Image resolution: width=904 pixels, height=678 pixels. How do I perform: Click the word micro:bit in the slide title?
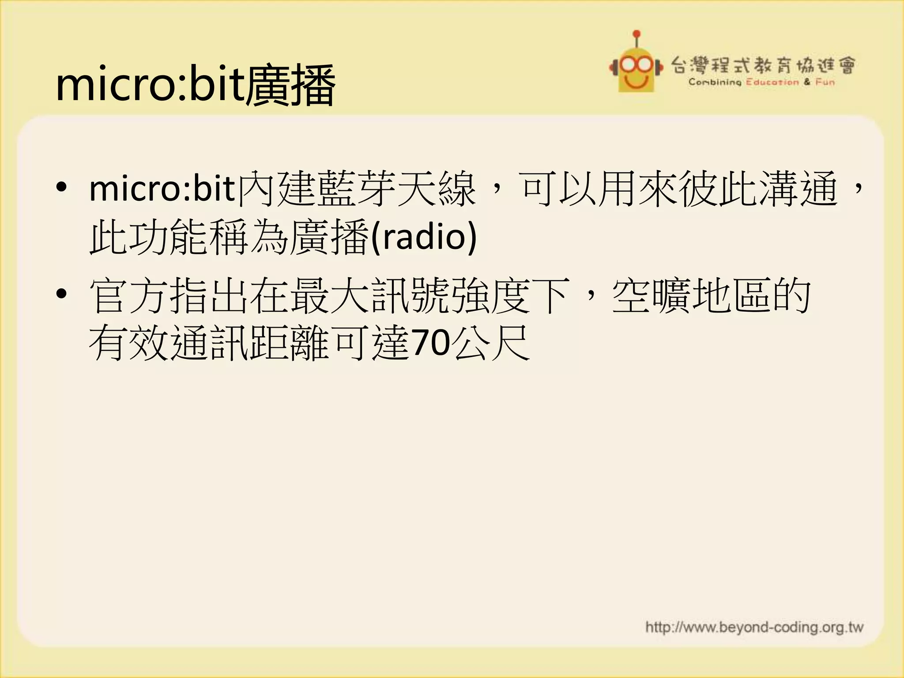tap(150, 84)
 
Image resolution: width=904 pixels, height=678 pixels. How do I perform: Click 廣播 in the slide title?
tap(290, 85)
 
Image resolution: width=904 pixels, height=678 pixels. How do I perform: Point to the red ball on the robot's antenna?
tap(637, 34)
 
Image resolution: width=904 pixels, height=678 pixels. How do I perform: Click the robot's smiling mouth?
tap(636, 82)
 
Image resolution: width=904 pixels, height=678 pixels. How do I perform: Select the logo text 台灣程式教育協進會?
tap(763, 66)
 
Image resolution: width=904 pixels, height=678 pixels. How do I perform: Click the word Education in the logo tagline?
tap(772, 82)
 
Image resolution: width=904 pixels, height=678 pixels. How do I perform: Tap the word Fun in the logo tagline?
tap(825, 82)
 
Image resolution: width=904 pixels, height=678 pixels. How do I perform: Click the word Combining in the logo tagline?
tap(715, 82)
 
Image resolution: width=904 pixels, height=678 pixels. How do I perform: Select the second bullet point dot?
tap(62, 293)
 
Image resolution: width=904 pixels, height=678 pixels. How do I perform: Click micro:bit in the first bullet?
tap(162, 189)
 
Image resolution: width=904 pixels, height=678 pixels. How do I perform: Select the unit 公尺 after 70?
tap(491, 343)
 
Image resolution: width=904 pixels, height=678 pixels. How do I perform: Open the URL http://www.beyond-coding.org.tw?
tap(754, 627)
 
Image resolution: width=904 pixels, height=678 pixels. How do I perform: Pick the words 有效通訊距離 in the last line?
tap(209, 343)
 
